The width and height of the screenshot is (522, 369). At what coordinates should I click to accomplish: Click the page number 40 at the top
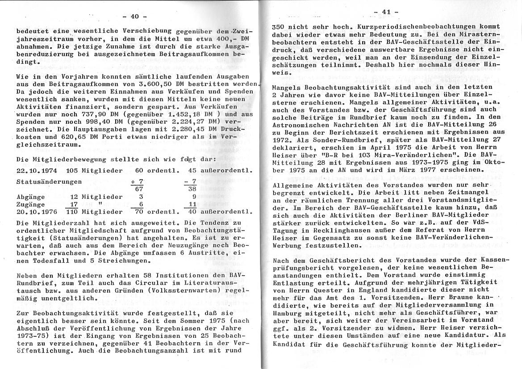(134, 17)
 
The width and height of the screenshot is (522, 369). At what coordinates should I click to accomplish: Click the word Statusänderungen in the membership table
(49, 182)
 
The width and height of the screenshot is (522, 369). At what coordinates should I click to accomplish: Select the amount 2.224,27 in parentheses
(175, 122)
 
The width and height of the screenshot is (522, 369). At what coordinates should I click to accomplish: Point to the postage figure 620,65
(66, 136)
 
